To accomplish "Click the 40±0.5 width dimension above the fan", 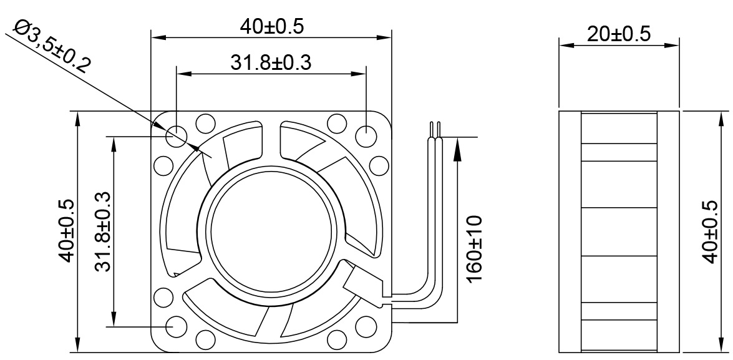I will coord(271,26).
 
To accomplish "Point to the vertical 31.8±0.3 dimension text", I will coord(103,231).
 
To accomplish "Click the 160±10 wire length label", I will coord(474,248).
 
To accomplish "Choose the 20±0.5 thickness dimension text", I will coord(618,34).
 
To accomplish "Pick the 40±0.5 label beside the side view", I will coord(710,232).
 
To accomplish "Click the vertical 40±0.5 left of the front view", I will coord(66,231).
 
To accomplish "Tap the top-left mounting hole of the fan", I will coord(177,135).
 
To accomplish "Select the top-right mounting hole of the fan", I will coord(366,135).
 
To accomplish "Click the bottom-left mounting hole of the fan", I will coord(177,326).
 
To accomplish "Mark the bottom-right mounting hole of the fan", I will coord(366,326).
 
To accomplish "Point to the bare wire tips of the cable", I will coord(435,128).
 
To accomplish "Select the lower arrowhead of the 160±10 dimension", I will coord(458,315).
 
